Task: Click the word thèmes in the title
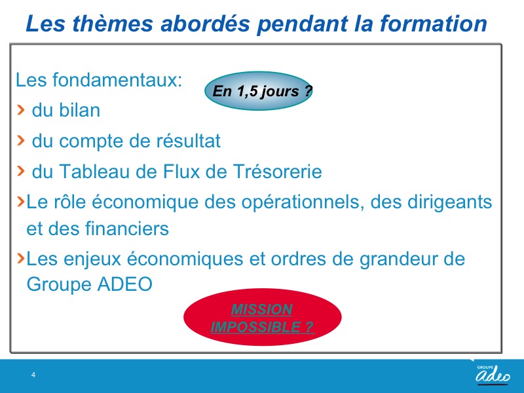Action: click(x=113, y=24)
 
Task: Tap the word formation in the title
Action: click(x=434, y=24)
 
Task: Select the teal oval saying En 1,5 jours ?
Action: click(x=259, y=90)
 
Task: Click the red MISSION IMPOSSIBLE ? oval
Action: click(x=263, y=317)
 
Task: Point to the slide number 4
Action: click(x=33, y=375)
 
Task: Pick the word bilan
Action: click(x=79, y=110)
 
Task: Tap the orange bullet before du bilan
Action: click(x=21, y=109)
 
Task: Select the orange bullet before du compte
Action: click(x=21, y=140)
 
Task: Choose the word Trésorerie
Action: click(x=277, y=172)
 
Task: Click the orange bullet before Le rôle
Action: click(x=21, y=201)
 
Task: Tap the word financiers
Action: click(x=127, y=229)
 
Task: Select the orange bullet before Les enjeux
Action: click(x=21, y=258)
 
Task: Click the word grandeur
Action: click(x=398, y=259)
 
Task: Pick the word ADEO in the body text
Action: click(x=125, y=284)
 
